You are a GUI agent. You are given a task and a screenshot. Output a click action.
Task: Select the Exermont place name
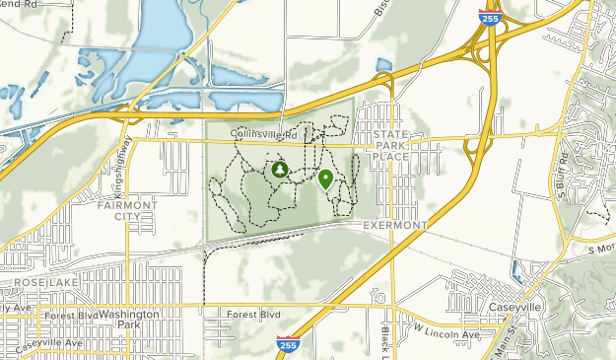tap(394, 225)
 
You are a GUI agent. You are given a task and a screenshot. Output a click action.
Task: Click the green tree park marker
tap(279, 170)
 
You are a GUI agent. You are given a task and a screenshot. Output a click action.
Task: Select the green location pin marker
tap(325, 179)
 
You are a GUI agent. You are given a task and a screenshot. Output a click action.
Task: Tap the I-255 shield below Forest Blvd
tap(284, 344)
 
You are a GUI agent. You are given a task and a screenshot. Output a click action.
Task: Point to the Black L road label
tap(387, 340)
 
